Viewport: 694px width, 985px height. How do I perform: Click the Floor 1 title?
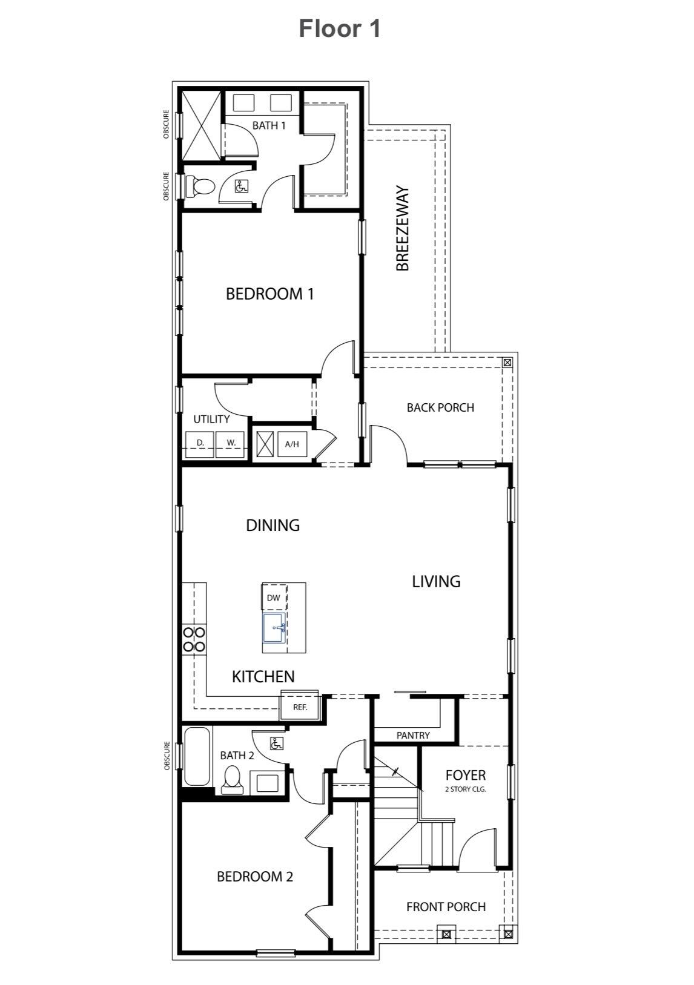tap(340, 28)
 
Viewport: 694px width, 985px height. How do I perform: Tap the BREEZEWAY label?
tap(403, 228)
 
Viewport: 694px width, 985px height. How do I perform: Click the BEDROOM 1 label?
tap(269, 294)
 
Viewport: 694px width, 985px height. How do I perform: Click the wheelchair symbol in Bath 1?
tap(240, 186)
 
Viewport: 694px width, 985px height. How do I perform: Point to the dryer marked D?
tap(200, 443)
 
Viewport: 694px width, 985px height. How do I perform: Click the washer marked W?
tap(231, 443)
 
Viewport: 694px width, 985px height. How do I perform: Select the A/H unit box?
tap(292, 444)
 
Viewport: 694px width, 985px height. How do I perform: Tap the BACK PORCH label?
tap(440, 407)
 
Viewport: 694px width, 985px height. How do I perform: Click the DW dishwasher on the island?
tap(273, 598)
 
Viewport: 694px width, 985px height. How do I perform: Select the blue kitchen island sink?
tap(274, 628)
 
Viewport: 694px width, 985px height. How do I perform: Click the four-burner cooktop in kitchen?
tap(194, 639)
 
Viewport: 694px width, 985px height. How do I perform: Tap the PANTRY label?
tap(413, 735)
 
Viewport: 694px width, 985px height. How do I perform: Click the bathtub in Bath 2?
tap(197, 757)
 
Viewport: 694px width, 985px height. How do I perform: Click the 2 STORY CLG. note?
tap(466, 789)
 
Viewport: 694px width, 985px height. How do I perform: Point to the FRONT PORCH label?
tap(446, 907)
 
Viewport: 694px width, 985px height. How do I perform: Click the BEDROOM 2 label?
tap(255, 877)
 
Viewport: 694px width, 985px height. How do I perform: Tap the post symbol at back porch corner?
tap(507, 363)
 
